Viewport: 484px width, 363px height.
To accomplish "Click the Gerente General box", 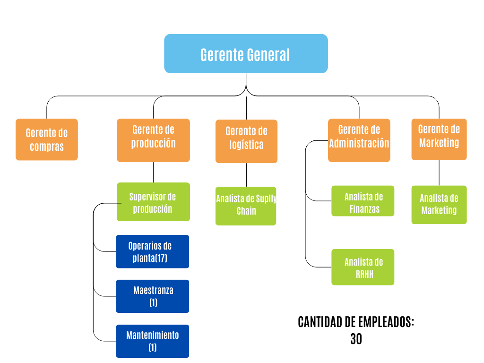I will (x=246, y=54).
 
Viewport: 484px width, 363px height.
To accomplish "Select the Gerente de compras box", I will (x=46, y=139).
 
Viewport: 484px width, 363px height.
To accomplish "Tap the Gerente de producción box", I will (x=153, y=140).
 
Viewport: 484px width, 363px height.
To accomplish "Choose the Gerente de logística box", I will (x=246, y=141).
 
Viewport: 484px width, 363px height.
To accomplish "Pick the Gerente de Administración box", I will (x=359, y=140).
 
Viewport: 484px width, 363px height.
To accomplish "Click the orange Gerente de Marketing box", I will (x=439, y=139).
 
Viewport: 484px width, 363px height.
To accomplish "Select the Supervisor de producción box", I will (x=153, y=202).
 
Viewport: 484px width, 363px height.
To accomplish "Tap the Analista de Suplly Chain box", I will (x=246, y=205).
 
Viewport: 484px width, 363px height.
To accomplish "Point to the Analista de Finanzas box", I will (x=363, y=201).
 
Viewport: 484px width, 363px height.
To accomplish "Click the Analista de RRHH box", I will (x=363, y=267).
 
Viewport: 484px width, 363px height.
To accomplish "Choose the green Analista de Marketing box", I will (x=439, y=204).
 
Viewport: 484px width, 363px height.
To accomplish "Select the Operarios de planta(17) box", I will (x=152, y=251).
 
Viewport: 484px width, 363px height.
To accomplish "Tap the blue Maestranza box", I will (x=152, y=296).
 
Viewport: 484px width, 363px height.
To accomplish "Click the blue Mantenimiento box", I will (x=152, y=341).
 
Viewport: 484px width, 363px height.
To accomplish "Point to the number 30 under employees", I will (x=356, y=339).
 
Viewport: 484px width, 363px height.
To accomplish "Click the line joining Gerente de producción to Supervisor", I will (x=153, y=172).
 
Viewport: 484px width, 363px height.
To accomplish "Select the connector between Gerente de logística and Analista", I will (x=246, y=174).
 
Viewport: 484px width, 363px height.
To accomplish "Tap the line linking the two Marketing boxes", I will (x=439, y=173).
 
